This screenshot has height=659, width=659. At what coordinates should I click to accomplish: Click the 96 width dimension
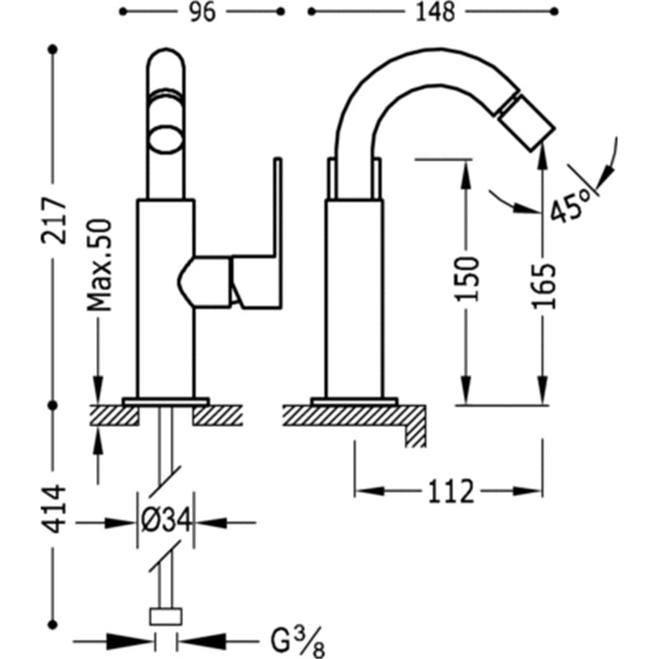tap(202, 12)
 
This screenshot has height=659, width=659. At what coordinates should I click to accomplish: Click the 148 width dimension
tap(435, 12)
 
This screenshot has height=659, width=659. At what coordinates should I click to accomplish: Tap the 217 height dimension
tap(54, 221)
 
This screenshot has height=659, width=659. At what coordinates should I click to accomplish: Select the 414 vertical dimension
tap(54, 509)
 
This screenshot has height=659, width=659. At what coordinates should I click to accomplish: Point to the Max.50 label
tap(100, 265)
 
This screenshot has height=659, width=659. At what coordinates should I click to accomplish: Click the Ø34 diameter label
tap(166, 522)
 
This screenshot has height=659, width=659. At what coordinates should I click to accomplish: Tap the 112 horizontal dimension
tap(451, 491)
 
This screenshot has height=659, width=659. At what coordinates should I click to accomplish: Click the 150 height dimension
tap(467, 278)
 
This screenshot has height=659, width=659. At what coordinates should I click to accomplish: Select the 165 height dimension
tap(544, 286)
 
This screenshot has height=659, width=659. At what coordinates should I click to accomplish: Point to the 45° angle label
tap(570, 204)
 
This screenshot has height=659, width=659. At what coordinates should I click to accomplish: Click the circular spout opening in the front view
tap(166, 138)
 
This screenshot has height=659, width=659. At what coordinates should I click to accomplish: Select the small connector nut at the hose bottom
tap(166, 616)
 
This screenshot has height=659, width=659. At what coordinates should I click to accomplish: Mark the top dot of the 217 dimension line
tap(53, 49)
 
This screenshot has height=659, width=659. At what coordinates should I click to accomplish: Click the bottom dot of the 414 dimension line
tap(53, 624)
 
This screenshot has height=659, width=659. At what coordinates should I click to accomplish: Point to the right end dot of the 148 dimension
tap(554, 12)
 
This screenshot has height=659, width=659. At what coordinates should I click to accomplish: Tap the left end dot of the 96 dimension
tap(123, 12)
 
